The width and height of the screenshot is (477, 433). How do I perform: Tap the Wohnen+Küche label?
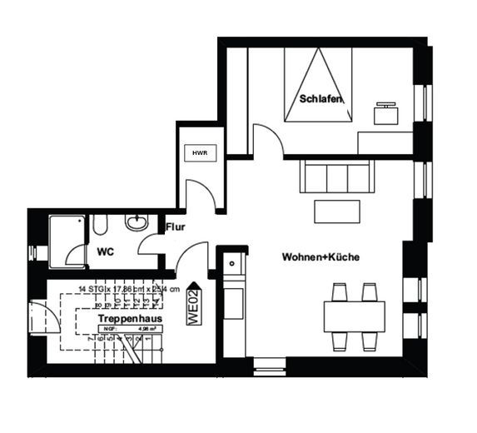320,257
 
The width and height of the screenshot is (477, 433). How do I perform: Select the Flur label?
175,226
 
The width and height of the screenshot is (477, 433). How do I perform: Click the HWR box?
200,153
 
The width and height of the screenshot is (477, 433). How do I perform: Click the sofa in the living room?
336,177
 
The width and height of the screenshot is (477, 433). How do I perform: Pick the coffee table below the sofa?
336,212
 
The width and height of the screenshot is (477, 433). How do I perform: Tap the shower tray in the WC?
67,241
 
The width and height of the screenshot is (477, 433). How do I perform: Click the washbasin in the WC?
137,222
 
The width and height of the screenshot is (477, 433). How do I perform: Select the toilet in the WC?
100,224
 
